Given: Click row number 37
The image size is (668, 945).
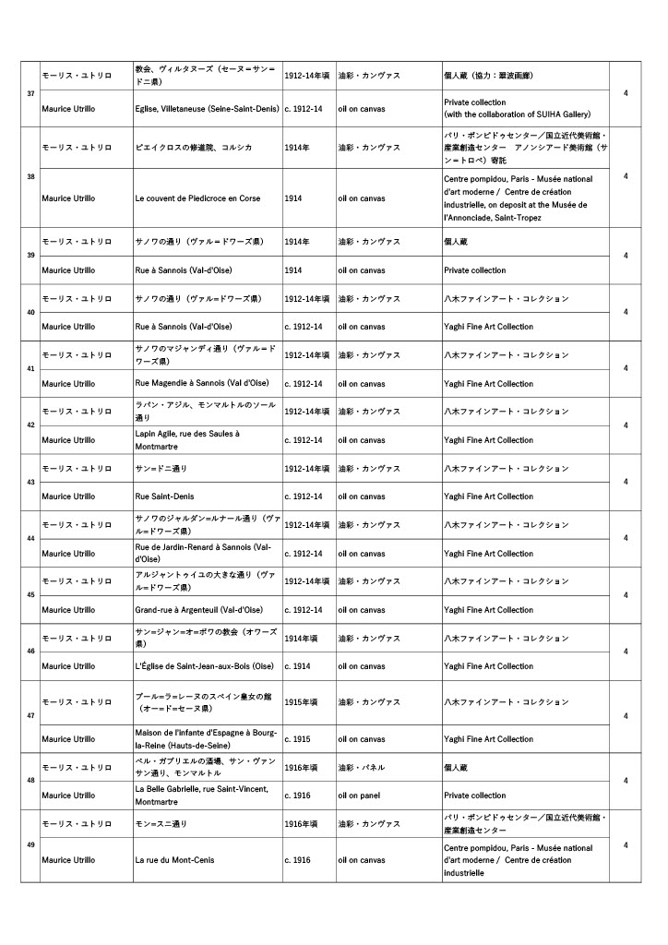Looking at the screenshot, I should tap(30, 93).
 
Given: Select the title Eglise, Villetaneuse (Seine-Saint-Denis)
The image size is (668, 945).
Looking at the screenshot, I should tap(207, 109).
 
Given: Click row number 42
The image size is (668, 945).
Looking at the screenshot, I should tap(30, 425).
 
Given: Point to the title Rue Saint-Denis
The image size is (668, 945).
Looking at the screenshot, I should tap(164, 496).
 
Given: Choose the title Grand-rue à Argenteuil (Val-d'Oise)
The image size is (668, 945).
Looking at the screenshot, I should tap(198, 610).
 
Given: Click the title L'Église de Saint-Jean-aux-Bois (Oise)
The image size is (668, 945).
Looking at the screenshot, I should tap(204, 666).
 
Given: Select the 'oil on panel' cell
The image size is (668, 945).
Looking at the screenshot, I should tap(360, 795).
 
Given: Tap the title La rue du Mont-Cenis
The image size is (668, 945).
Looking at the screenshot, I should tap(174, 860).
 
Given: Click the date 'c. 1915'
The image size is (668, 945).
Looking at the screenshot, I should tap(297, 739).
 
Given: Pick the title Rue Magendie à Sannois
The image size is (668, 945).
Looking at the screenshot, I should tap(203, 384).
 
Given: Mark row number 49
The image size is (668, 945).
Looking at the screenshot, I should tap(30, 845).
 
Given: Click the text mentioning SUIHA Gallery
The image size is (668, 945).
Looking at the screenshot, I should tap(517, 114).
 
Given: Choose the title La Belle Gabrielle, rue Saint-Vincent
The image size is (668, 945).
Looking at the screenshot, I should tap(201, 795).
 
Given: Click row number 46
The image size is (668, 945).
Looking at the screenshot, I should tap(30, 652).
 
